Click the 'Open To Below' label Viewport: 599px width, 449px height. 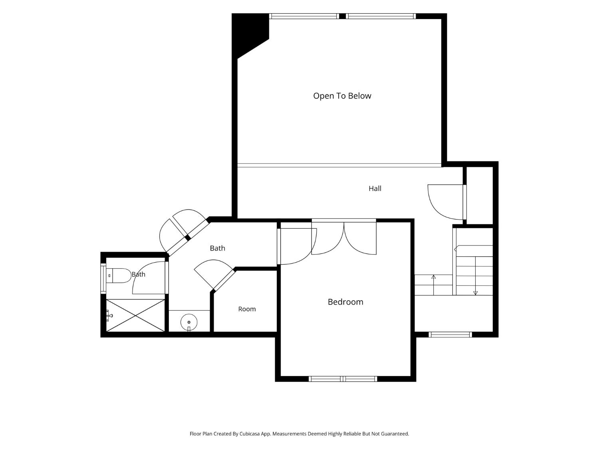click(342, 96)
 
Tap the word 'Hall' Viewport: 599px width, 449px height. click(375, 188)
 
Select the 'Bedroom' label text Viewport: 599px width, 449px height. click(345, 302)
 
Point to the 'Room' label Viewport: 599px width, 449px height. click(247, 309)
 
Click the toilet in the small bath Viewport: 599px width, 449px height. click(119, 275)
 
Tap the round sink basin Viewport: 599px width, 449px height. click(189, 322)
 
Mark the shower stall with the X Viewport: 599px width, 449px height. click(135, 315)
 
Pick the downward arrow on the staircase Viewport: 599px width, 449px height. click(475, 276)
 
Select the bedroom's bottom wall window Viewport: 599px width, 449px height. click(343, 379)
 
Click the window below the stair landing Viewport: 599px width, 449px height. click(450, 334)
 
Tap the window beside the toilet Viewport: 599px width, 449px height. click(103, 278)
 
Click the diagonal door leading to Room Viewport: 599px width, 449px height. click(224, 280)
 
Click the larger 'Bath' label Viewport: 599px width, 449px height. click(218, 248)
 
